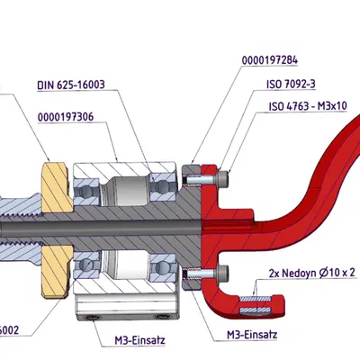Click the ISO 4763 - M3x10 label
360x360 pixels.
tap(308, 106)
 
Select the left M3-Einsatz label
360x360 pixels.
tap(131, 342)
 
